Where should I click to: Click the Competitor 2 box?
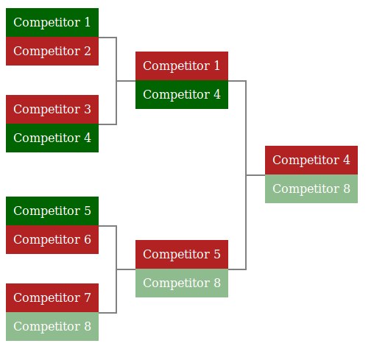[52, 52]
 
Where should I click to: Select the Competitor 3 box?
[52, 110]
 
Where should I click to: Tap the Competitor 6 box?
[52, 240]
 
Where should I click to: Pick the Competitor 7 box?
[52, 298]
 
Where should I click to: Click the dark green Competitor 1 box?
[52, 23]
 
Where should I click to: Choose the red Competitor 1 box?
[182, 66]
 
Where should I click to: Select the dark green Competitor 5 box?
[52, 211]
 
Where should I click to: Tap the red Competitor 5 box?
[182, 255]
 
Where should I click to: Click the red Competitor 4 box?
[311, 160]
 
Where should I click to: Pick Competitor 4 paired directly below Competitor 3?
[52, 138]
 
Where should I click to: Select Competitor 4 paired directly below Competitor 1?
[182, 95]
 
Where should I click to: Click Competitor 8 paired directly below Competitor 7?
[52, 327]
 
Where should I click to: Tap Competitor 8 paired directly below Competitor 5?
[182, 283]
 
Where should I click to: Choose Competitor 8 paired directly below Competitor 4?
[311, 189]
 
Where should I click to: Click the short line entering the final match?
[255, 175]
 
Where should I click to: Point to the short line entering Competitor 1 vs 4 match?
[126, 81]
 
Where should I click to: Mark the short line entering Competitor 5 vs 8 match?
[126, 269]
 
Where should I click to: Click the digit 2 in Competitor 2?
[88, 51]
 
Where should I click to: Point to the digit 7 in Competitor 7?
[88, 297]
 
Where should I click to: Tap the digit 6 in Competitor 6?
[88, 239]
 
